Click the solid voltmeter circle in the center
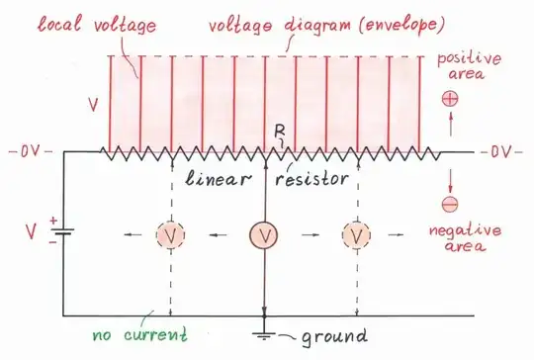264,235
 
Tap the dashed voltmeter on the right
356,235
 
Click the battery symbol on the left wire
65,235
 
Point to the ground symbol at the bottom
264,334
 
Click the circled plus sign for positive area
449,99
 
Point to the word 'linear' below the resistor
219,180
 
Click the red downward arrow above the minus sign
449,179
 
